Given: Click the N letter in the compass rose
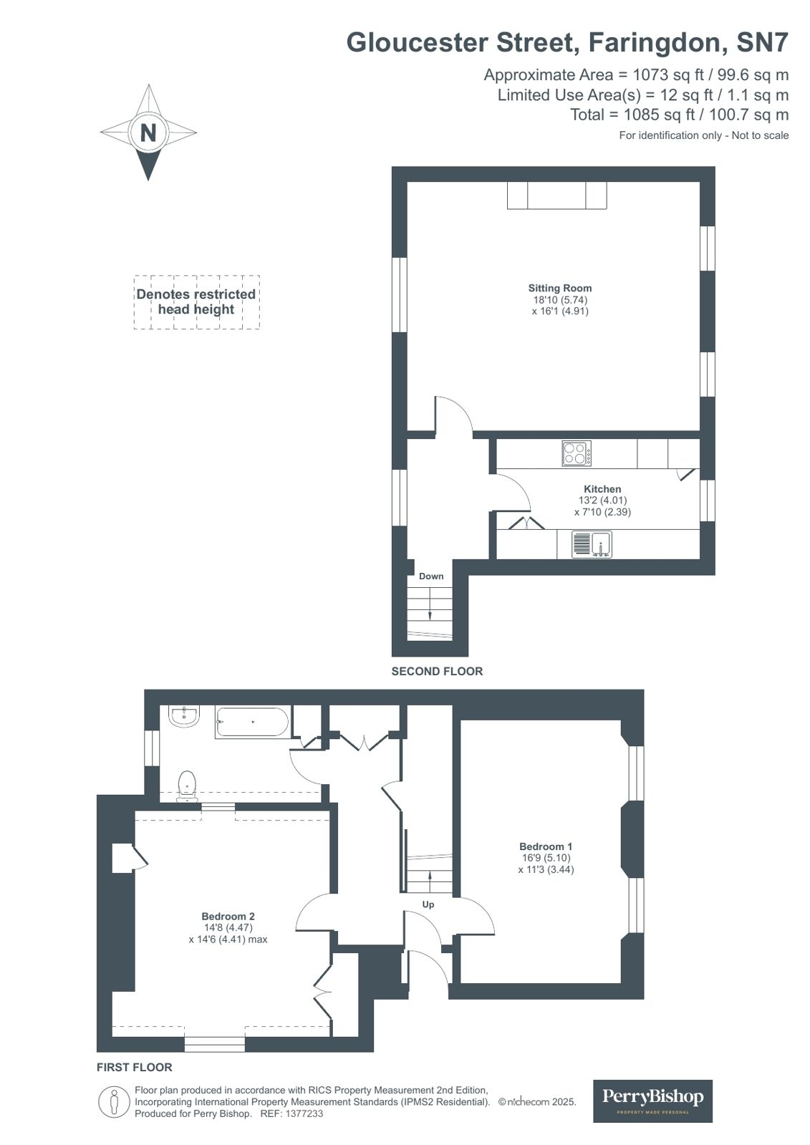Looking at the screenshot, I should pos(148,132).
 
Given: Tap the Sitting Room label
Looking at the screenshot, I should pos(560,288).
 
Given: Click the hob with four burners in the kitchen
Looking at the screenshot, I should pos(577,453).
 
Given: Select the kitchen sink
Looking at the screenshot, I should pos(592,544).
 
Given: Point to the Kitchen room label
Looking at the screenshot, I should pos(602,489).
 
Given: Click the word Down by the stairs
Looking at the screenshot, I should pos(431,576).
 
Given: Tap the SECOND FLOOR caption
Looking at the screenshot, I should pos(437,671).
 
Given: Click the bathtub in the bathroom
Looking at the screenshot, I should pos(252,723).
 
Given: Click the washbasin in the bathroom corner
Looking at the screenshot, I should pos(185,716).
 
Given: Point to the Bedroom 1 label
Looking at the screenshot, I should pos(546,846).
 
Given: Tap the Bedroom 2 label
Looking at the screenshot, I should pos(228,916).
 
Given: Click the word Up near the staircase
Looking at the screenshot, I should pos(428,904).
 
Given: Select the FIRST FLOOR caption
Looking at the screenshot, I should pos(135,1067).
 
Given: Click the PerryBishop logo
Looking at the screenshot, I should pos(652,1101).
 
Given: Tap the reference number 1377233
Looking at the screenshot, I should pos(304,1113).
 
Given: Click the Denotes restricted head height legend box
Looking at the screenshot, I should pos(196,302).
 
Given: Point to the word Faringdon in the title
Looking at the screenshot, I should pos(655,43).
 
